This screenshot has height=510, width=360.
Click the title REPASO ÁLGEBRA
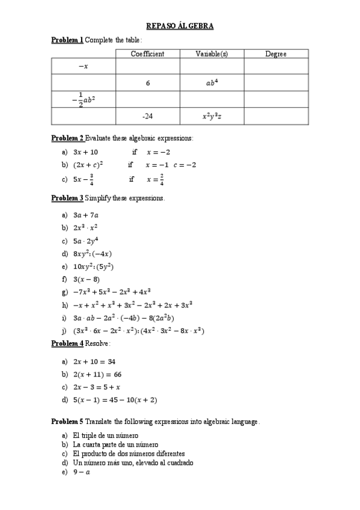tap(180, 26)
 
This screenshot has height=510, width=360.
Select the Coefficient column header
tap(147, 54)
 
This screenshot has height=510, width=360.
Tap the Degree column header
tap(276, 54)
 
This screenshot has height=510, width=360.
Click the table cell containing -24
tap(147, 116)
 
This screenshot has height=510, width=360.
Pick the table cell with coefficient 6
tap(147, 83)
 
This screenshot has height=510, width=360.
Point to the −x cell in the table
tap(83, 66)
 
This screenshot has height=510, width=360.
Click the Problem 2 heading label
tap(67, 138)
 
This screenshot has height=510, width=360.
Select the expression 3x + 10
tap(85, 152)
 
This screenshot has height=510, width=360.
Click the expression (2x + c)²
tap(88, 165)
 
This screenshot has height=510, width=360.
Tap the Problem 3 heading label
tap(67, 197)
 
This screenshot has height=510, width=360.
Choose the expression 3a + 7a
tap(86, 215)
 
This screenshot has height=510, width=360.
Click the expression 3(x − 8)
tap(87, 279)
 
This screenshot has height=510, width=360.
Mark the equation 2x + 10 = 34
tap(94, 361)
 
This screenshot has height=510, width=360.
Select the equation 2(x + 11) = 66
tap(97, 374)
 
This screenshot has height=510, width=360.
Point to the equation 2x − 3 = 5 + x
tap(97, 387)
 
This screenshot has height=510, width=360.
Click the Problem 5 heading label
tap(67, 422)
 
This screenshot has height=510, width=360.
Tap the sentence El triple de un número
tap(105, 435)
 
